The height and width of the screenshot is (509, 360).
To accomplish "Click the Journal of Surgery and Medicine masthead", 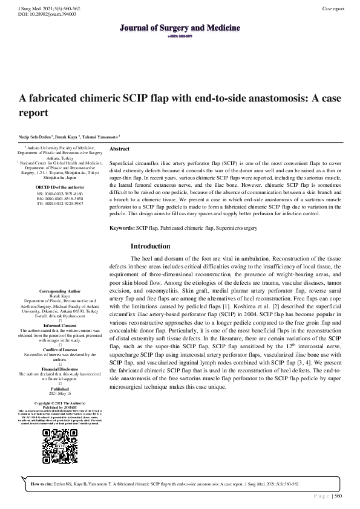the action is click(179, 28).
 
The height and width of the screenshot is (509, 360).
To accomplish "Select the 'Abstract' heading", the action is click(120, 148).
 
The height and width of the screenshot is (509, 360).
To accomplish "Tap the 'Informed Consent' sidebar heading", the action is click(60, 326).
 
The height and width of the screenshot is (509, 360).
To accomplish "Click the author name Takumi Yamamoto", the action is click(100, 137).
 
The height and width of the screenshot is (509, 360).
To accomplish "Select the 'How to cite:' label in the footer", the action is click(41, 484).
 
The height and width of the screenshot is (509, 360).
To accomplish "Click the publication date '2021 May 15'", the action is click(60, 393).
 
